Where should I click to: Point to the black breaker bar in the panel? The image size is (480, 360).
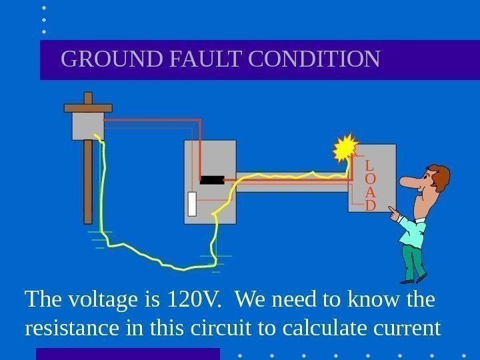pos(212,179)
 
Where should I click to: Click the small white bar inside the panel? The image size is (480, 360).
pos(192,204)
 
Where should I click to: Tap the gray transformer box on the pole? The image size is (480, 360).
pos(87,125)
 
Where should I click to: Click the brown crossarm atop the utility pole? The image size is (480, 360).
pos(88,107)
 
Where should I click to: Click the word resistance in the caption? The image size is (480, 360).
pos(71,328)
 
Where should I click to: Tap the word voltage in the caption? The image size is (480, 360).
pos(91,301)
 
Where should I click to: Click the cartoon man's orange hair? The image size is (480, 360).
pos(441,176)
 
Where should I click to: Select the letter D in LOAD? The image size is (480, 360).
pos(371,205)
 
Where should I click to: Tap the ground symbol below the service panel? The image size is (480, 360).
pos(215,262)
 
